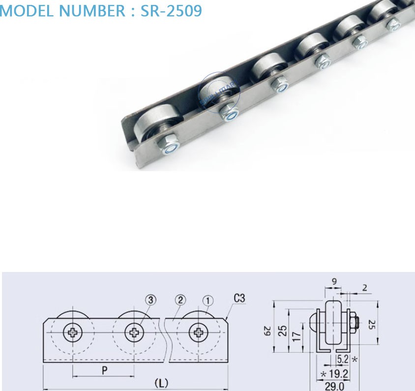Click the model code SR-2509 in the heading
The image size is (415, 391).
(171, 11)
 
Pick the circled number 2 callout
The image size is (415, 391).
(180, 300)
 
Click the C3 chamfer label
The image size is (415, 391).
(239, 298)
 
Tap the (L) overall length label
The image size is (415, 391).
(159, 383)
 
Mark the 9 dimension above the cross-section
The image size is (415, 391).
(334, 282)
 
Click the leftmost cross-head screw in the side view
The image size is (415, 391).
(73, 333)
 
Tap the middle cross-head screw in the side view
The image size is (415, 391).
(134, 333)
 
